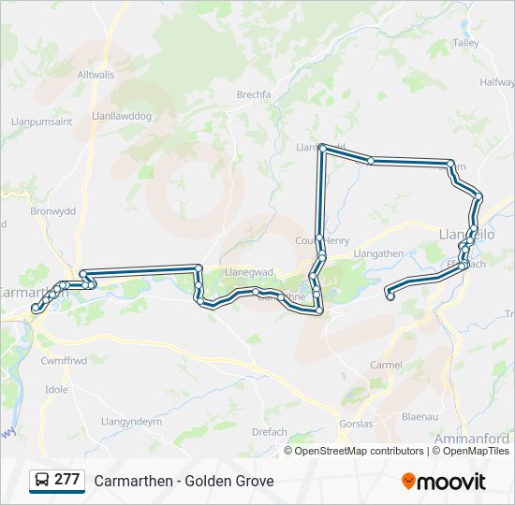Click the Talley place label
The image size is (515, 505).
[x=465, y=43]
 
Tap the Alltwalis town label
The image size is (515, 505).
[x=96, y=74]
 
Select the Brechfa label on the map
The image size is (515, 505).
[x=254, y=94]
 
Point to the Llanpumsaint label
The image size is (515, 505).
[x=42, y=122]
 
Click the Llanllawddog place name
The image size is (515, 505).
[x=122, y=116]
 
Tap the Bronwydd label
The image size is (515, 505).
[x=52, y=211]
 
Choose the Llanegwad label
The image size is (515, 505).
[x=248, y=272]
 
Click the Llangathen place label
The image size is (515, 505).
[x=378, y=253]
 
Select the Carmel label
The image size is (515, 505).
[x=387, y=365]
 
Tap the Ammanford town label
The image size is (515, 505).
[x=472, y=438]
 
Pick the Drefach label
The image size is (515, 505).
[x=270, y=432]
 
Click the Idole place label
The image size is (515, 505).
[x=56, y=389]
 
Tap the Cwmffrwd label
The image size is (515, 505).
[x=64, y=360]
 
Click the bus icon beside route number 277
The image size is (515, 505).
[x=42, y=480]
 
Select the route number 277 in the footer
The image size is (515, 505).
[x=66, y=480]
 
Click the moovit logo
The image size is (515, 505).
[x=444, y=482]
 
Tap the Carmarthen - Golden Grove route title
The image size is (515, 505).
[x=184, y=481]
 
